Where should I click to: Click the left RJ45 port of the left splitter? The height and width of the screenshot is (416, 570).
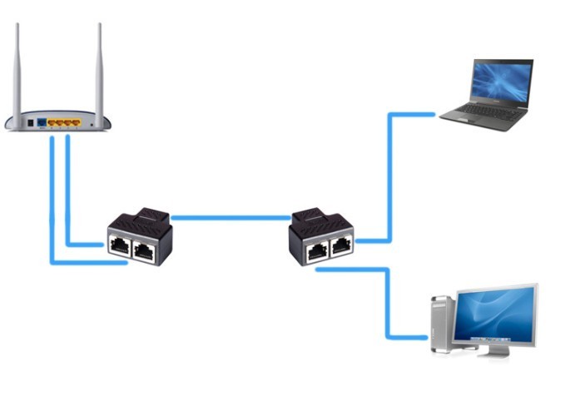pyautogui.click(x=119, y=245)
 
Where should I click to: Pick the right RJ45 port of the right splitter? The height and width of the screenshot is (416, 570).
pyautogui.click(x=341, y=246)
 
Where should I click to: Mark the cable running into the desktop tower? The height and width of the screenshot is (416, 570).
pyautogui.click(x=388, y=308)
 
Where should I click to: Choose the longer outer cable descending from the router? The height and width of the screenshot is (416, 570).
pyautogui.click(x=52, y=208)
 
